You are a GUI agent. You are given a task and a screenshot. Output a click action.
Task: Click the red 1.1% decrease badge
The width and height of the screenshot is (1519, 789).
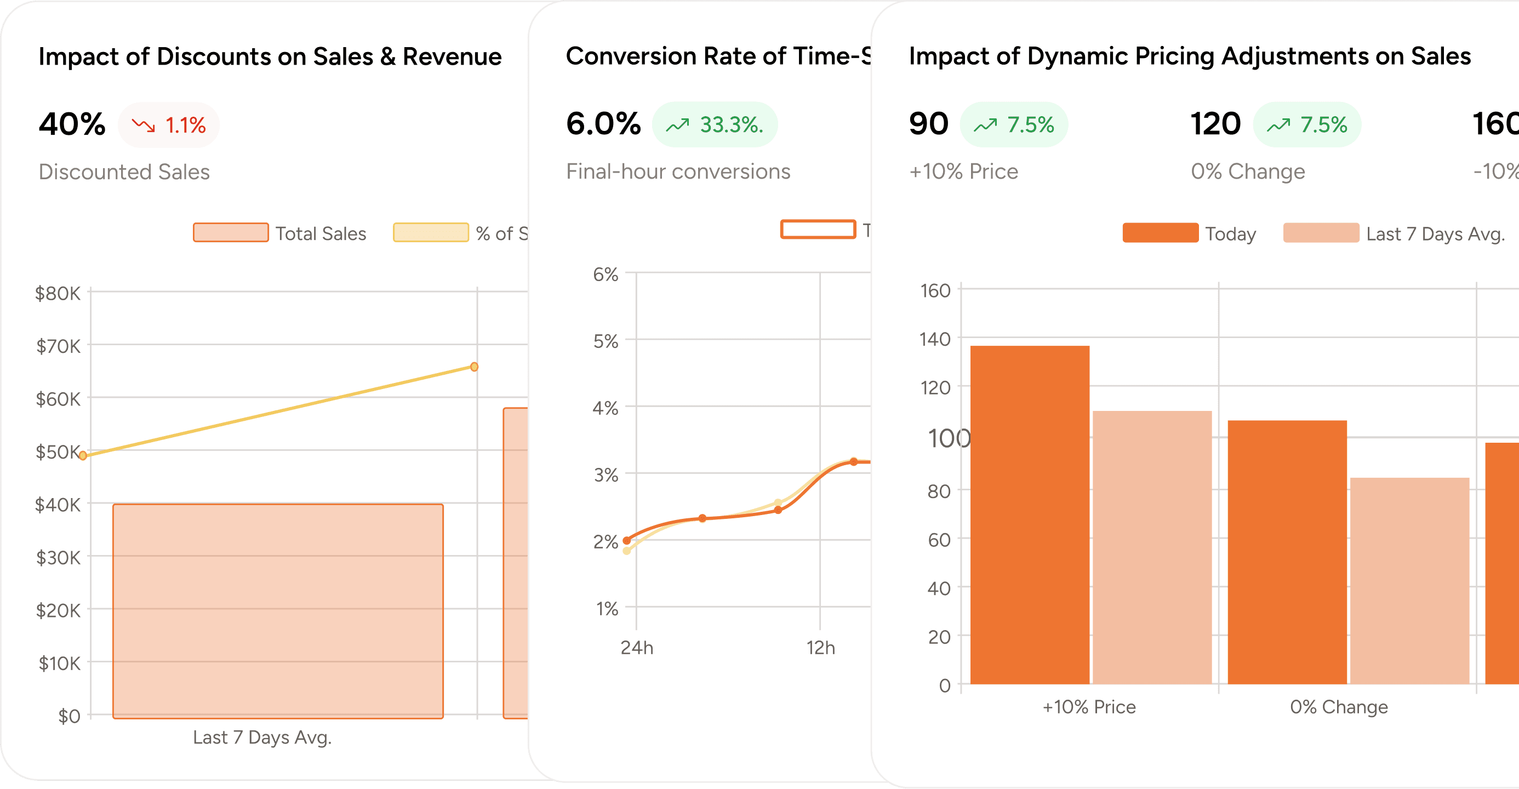click(169, 125)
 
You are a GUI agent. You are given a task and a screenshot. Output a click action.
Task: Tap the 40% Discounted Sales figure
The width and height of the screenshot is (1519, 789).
click(72, 124)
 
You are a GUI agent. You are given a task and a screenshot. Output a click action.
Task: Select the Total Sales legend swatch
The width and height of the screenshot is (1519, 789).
click(231, 233)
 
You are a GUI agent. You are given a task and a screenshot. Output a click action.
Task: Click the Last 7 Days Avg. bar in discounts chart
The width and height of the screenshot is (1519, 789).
click(278, 610)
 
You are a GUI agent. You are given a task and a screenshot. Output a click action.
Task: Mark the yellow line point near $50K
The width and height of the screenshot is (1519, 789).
click(83, 455)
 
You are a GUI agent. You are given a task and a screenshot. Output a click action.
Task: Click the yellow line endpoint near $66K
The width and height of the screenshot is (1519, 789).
click(474, 367)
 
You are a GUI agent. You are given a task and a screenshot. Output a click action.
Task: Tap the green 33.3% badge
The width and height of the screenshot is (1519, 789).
click(715, 124)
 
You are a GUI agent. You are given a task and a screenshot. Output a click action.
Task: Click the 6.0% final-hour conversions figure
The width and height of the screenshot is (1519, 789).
click(603, 124)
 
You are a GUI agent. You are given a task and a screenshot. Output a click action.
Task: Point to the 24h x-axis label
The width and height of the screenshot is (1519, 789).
click(637, 648)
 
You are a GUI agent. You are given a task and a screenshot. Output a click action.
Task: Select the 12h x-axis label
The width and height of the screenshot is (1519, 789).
click(820, 648)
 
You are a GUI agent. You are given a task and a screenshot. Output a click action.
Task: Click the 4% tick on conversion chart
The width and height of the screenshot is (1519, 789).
click(606, 408)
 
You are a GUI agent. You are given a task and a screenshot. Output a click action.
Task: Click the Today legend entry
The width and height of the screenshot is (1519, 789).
click(1189, 233)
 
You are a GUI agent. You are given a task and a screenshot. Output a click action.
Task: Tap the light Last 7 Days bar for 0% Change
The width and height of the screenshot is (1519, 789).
click(1409, 581)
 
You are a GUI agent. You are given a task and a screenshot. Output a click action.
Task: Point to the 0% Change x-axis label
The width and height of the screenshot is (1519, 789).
click(1339, 706)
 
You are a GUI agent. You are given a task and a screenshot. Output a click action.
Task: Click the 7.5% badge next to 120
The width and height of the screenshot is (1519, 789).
click(1307, 124)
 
